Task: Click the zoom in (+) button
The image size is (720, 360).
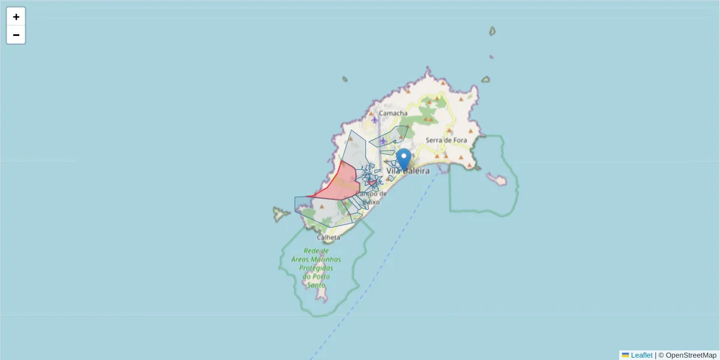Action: [x=16, y=17]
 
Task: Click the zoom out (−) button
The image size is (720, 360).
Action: [x=16, y=35]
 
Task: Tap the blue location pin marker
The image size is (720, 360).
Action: [x=404, y=159]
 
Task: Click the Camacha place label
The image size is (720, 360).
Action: [x=393, y=113]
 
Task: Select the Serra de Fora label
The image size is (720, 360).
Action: [x=446, y=140]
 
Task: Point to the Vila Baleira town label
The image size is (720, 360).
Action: [x=409, y=171]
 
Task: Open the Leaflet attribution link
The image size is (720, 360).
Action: [x=641, y=355]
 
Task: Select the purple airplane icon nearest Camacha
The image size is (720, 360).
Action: [x=374, y=119]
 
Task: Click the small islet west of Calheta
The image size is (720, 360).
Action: [x=279, y=213]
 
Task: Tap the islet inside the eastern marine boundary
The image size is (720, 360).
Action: [x=497, y=179]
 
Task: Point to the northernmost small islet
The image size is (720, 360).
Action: [x=492, y=31]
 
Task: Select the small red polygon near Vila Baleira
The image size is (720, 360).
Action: [x=372, y=182]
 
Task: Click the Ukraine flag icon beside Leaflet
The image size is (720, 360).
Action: [x=626, y=355]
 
